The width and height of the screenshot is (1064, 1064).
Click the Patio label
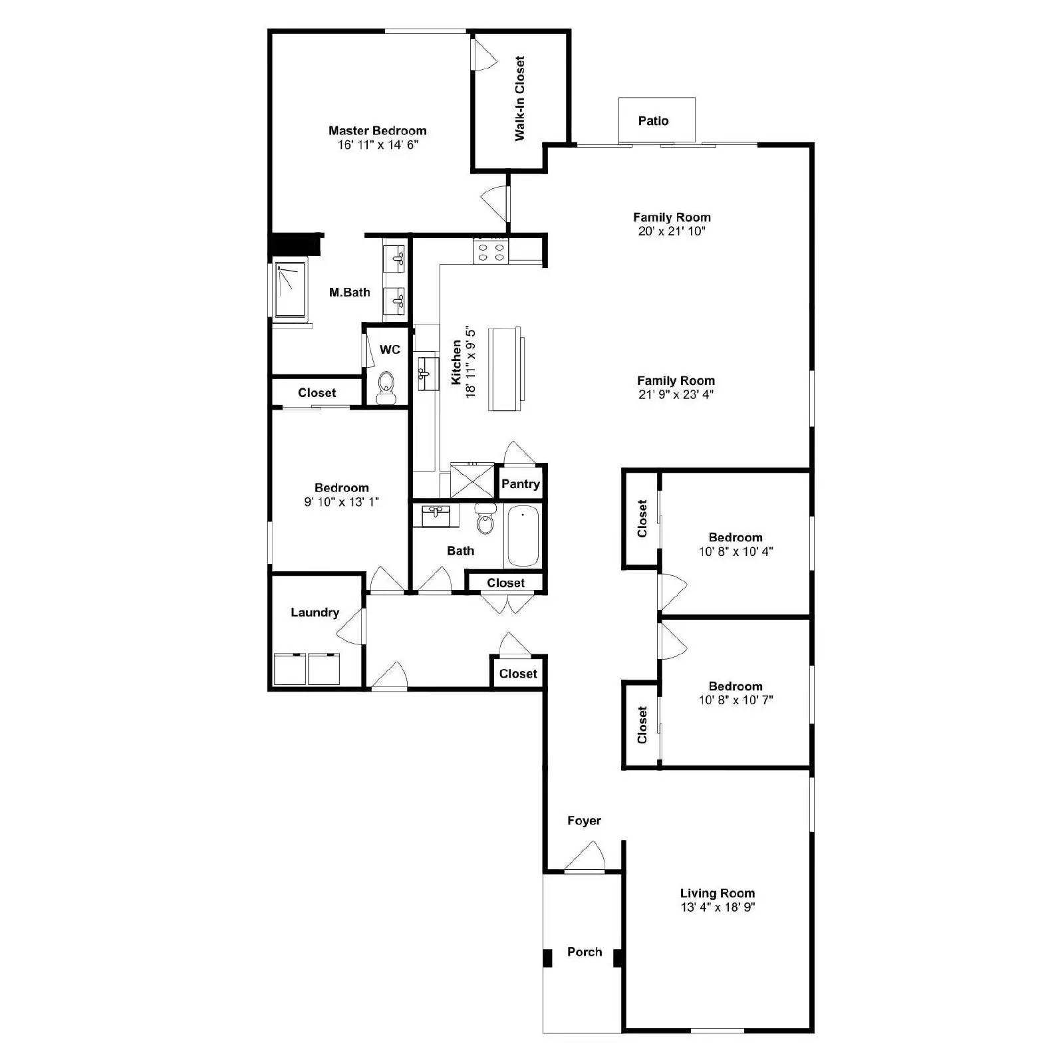pyautogui.click(x=653, y=121)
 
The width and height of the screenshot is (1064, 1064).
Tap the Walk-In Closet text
pyautogui.click(x=520, y=98)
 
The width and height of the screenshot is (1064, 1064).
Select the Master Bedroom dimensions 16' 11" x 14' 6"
pyautogui.click(x=377, y=145)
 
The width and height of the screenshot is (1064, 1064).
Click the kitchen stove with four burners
pyautogui.click(x=491, y=252)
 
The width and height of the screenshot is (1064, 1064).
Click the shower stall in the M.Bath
pyautogui.click(x=290, y=289)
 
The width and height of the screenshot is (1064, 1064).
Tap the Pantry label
pyautogui.click(x=520, y=484)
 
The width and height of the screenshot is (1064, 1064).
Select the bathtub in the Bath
pyautogui.click(x=523, y=536)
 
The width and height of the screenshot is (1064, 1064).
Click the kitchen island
pyautogui.click(x=505, y=369)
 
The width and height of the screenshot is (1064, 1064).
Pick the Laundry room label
pyautogui.click(x=315, y=612)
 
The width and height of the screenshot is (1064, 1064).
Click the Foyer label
pyautogui.click(x=584, y=821)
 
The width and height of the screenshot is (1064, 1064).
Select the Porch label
pyautogui.click(x=584, y=952)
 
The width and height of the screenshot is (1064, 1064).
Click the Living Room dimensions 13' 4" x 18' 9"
pyautogui.click(x=718, y=907)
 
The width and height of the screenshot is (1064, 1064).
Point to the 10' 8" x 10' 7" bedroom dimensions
pyautogui.click(x=735, y=700)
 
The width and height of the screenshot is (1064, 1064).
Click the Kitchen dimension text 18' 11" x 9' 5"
pyautogui.click(x=471, y=362)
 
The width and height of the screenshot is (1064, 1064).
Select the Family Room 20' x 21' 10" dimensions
pyautogui.click(x=672, y=231)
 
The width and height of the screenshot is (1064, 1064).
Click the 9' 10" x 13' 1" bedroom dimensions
pyautogui.click(x=341, y=502)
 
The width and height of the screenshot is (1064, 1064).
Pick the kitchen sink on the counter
pyautogui.click(x=426, y=373)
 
